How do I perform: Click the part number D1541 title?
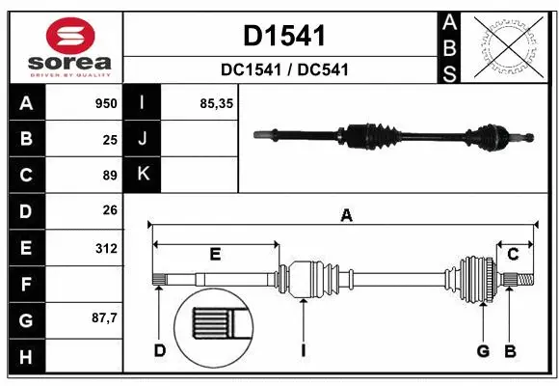coord(283,37)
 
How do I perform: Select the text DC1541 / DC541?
coord(283,69)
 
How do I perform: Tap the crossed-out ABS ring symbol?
coord(510,44)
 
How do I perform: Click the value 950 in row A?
coord(104,103)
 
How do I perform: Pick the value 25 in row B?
coord(109,140)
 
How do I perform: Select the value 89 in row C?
coord(109,176)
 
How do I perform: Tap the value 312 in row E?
coord(105,248)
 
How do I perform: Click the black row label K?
coord(143,176)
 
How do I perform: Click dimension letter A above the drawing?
coord(346,217)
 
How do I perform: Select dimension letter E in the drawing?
coord(215,254)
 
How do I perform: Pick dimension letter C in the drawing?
coord(513,254)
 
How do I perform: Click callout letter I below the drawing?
coord(303,350)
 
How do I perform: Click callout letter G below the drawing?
coord(483,350)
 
